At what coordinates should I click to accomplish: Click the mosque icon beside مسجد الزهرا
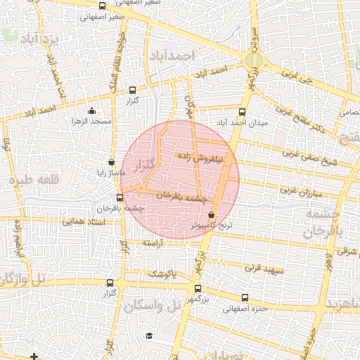[x=91, y=110]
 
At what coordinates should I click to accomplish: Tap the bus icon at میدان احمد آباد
[x=243, y=112]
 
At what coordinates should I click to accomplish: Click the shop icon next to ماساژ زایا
[x=111, y=162]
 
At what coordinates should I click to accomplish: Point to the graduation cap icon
[x=148, y=336]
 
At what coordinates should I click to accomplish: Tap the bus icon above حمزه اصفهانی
[x=245, y=297]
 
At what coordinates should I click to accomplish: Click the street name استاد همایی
[x=84, y=221]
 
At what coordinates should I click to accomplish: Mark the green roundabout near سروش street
[x=255, y=61]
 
